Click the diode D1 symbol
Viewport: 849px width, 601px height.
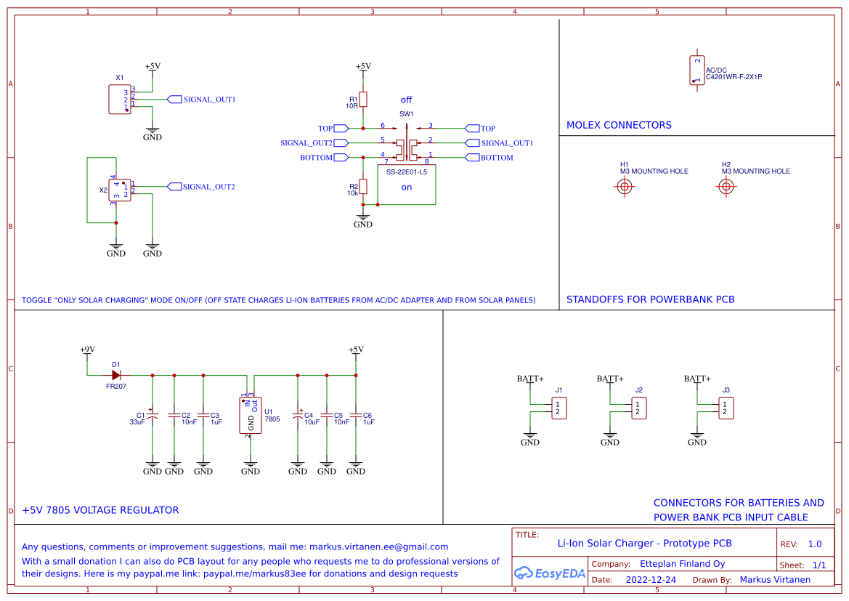pos(116,375)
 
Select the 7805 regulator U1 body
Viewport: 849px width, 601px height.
pos(251,414)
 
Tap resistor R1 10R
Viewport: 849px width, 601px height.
pos(363,100)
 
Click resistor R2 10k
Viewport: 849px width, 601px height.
pos(363,187)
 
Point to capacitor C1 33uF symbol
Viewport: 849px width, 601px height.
pos(153,417)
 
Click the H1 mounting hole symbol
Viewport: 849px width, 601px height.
pos(624,187)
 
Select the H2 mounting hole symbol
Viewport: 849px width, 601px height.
pos(726,187)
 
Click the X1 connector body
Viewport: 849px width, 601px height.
pos(119,100)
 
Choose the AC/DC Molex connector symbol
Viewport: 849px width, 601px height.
pos(697,70)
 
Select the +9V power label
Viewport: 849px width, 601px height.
pos(87,350)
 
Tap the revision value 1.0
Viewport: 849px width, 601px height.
pos(814,544)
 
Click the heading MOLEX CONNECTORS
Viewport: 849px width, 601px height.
pos(619,125)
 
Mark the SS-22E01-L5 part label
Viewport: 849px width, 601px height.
pos(406,172)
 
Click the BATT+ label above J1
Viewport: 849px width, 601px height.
pos(530,379)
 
